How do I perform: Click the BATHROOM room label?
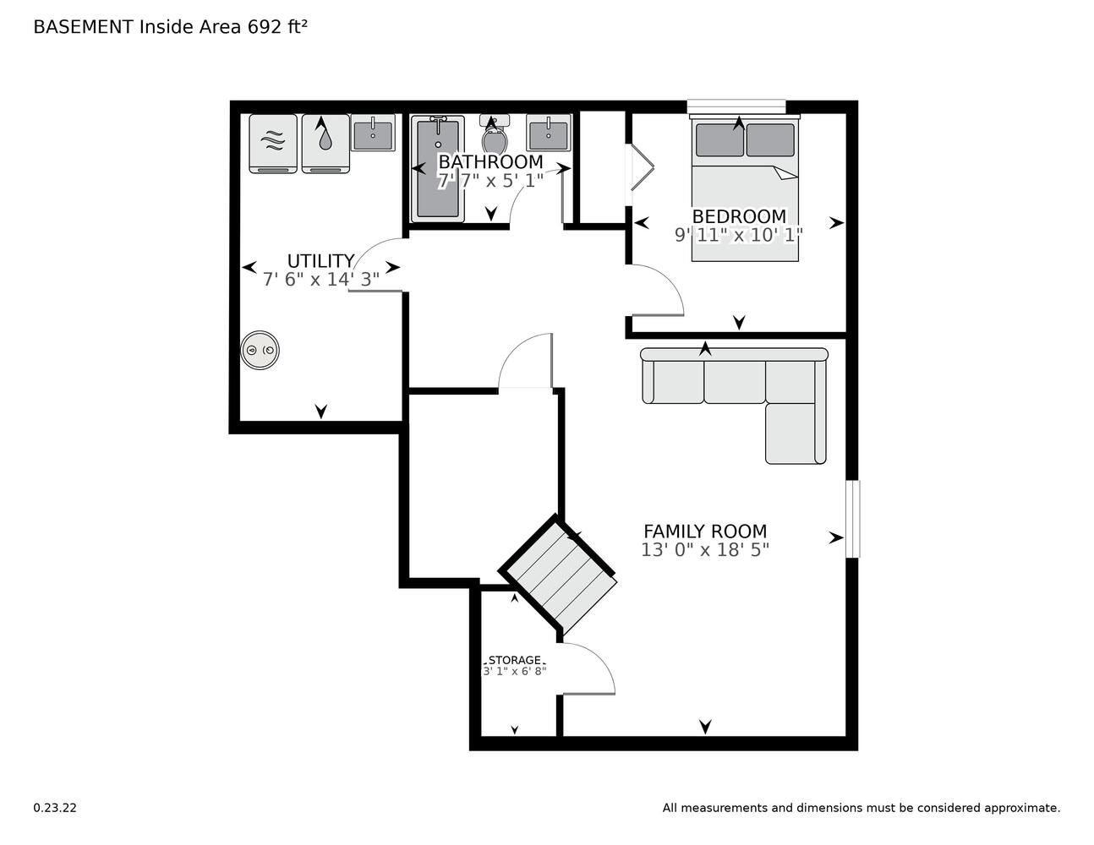[x=491, y=162]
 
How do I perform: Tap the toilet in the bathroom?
[x=495, y=134]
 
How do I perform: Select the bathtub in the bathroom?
[x=437, y=168]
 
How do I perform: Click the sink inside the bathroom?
[x=549, y=133]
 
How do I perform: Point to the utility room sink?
[x=373, y=133]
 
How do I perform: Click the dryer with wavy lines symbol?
[x=273, y=144]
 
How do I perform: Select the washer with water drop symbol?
[x=325, y=144]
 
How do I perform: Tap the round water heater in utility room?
[x=260, y=350]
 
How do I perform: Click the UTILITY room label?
[x=320, y=261]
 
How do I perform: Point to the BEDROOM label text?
[x=739, y=216]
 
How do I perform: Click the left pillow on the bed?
[x=720, y=139]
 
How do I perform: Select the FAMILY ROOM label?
[x=705, y=532]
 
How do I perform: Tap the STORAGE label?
[x=515, y=660]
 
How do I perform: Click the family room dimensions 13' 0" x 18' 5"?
[x=705, y=550]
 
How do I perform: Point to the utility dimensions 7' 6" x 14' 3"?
[x=321, y=279]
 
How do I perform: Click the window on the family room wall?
[x=852, y=519]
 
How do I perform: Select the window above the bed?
[x=736, y=106]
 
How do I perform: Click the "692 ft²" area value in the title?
[x=277, y=27]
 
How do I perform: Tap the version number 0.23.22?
[x=55, y=808]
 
